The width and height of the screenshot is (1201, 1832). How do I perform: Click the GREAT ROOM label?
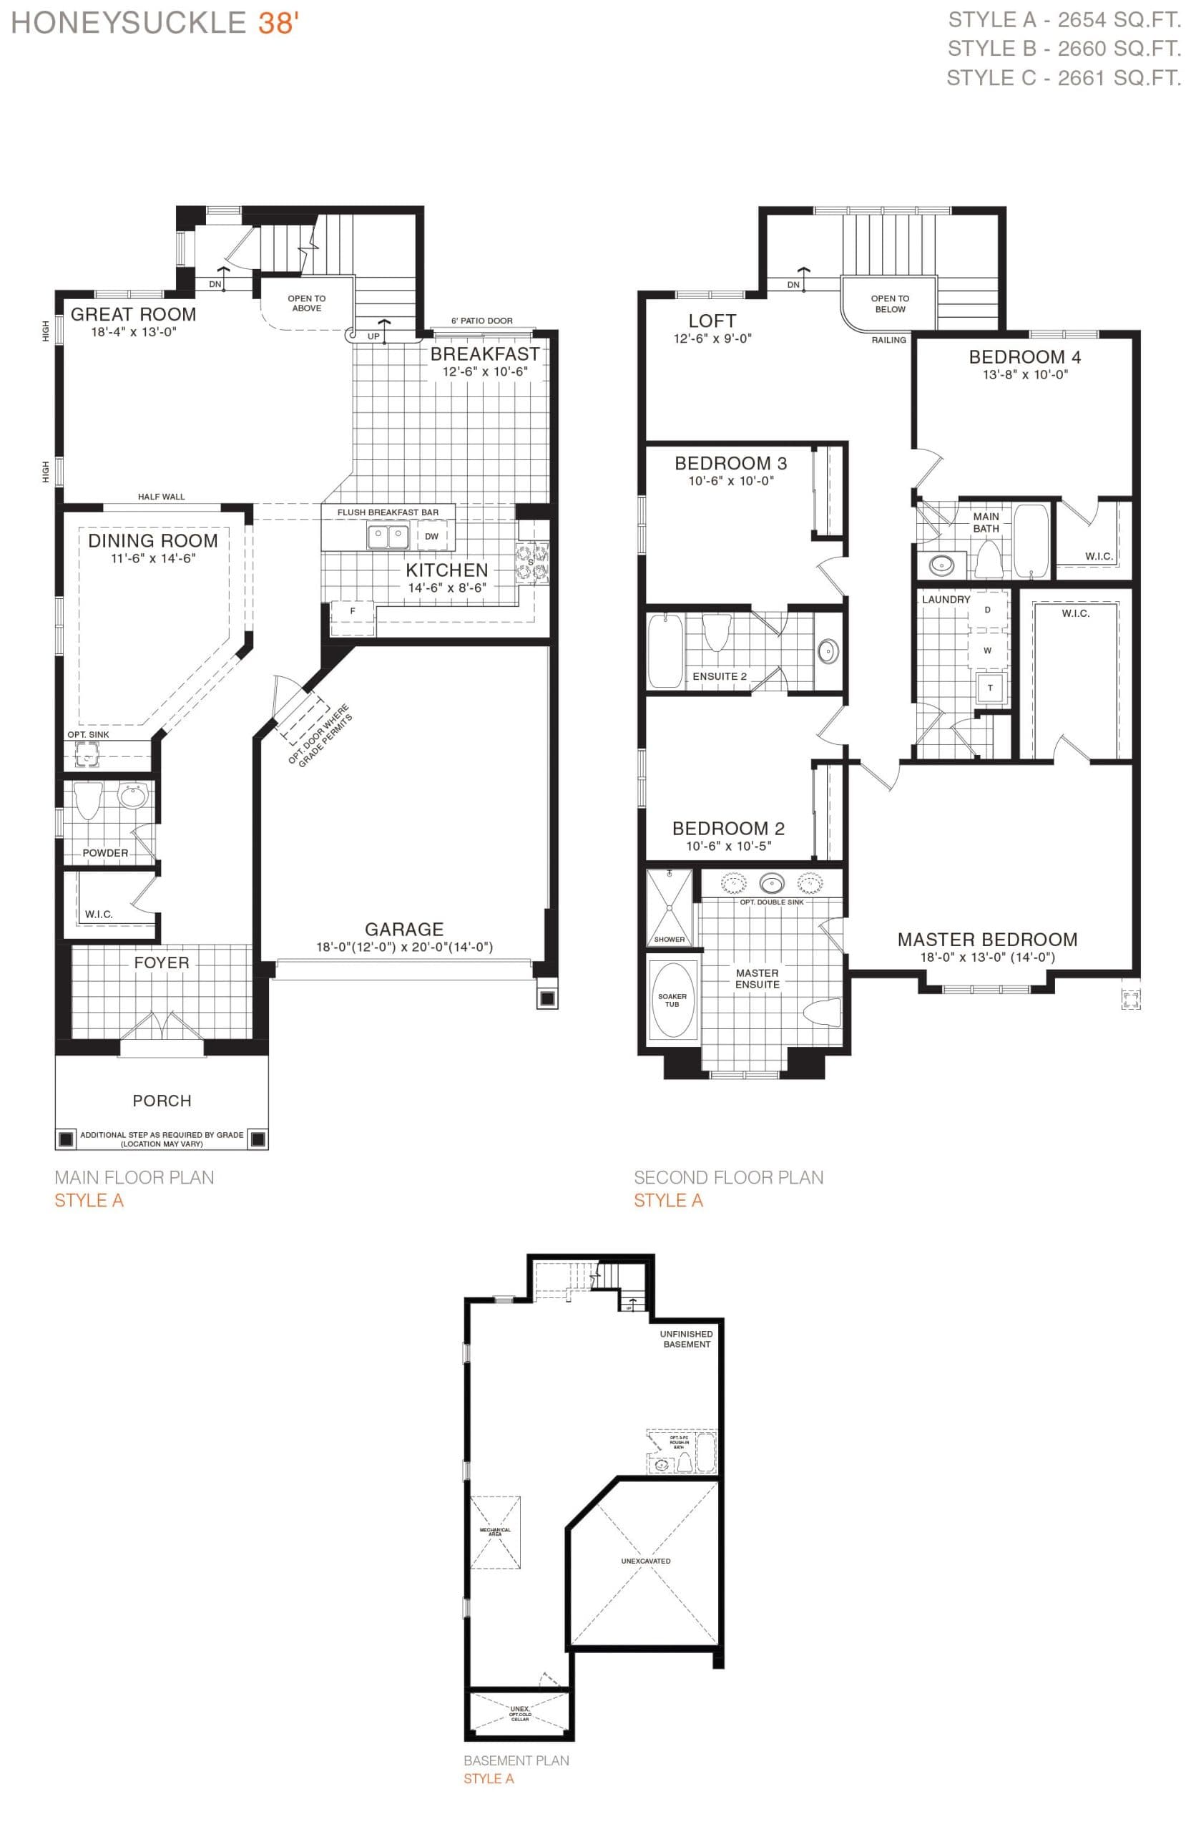[133, 314]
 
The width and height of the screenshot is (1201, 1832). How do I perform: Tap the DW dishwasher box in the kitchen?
[431, 537]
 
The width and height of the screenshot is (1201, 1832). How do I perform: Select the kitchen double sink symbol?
[387, 537]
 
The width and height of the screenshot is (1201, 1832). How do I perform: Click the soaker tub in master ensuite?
[672, 999]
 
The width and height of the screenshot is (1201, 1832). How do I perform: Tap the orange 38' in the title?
[278, 24]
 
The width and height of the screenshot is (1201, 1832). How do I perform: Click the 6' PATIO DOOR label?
[481, 321]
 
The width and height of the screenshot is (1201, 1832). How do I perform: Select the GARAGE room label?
[404, 929]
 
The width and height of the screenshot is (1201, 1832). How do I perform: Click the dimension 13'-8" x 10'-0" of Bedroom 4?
[1025, 375]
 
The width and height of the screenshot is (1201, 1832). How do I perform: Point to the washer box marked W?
[987, 651]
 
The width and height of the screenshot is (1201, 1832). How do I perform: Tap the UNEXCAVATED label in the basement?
[645, 1561]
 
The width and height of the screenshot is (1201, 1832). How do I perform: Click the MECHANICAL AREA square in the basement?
[495, 1532]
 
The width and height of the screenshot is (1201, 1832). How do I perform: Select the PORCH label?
[162, 1101]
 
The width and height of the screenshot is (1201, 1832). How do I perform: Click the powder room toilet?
[89, 801]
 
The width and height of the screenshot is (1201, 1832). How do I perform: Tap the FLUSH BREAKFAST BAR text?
[388, 512]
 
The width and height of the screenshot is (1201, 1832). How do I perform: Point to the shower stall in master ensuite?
[669, 907]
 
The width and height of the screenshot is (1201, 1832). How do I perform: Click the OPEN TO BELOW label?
[889, 303]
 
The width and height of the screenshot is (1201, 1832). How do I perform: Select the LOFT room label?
[712, 321]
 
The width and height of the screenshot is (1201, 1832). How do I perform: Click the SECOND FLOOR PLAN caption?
[728, 1177]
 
